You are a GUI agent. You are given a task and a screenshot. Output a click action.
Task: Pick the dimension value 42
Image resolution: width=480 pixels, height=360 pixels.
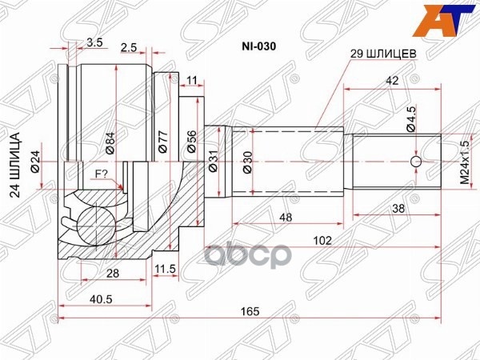(391, 82)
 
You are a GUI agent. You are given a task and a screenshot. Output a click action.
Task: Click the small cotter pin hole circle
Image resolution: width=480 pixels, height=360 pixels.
(415, 163)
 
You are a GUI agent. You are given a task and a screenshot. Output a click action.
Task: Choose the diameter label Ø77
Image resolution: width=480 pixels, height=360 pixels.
(162, 141)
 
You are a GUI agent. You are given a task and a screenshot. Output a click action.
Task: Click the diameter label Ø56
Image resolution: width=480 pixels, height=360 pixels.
(191, 141)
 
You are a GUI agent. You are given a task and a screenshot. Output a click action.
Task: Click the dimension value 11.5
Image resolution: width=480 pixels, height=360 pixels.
(166, 268)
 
